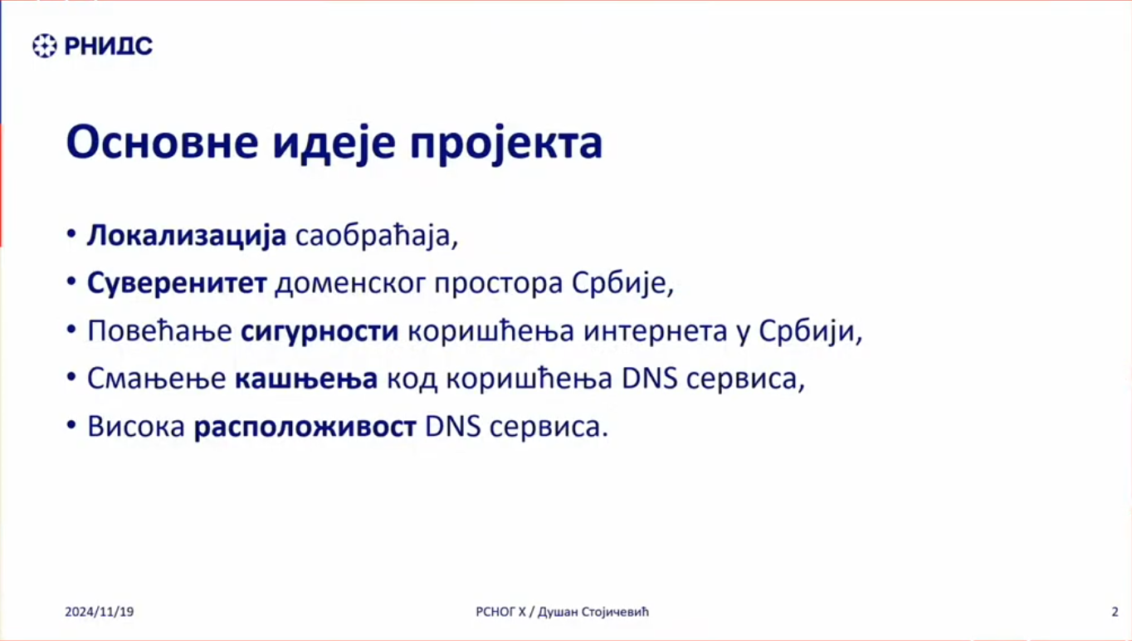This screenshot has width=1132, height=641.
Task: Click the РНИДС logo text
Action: pyautogui.click(x=108, y=46)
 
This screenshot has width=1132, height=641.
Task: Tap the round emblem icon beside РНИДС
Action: pyautogui.click(x=45, y=46)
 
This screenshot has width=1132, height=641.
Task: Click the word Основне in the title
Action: pyautogui.click(x=162, y=142)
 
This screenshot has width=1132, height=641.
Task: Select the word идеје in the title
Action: pyautogui.click(x=334, y=144)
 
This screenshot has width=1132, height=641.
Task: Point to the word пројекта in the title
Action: pyautogui.click(x=506, y=144)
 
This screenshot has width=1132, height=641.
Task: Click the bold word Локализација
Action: pyautogui.click(x=187, y=236)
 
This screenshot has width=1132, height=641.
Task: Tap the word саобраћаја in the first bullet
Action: pyautogui.click(x=377, y=236)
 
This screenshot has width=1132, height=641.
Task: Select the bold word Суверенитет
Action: pyautogui.click(x=177, y=282)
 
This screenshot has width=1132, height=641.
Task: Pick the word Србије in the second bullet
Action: pyautogui.click(x=622, y=282)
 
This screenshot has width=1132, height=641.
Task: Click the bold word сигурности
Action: pyautogui.click(x=320, y=331)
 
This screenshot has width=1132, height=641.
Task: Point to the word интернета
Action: pyautogui.click(x=656, y=331)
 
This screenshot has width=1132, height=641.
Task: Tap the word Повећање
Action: pyautogui.click(x=159, y=331)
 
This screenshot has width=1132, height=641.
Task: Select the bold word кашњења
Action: pyautogui.click(x=306, y=379)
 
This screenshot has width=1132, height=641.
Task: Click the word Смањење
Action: pyautogui.click(x=156, y=379)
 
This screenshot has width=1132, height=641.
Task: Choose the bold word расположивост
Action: pyautogui.click(x=305, y=427)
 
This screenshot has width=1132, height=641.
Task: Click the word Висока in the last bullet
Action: pyautogui.click(x=136, y=426)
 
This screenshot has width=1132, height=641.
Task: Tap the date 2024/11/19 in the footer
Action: pyautogui.click(x=99, y=612)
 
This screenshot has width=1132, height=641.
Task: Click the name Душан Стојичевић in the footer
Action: pyautogui.click(x=593, y=612)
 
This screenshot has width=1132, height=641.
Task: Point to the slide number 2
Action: pyautogui.click(x=1115, y=612)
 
